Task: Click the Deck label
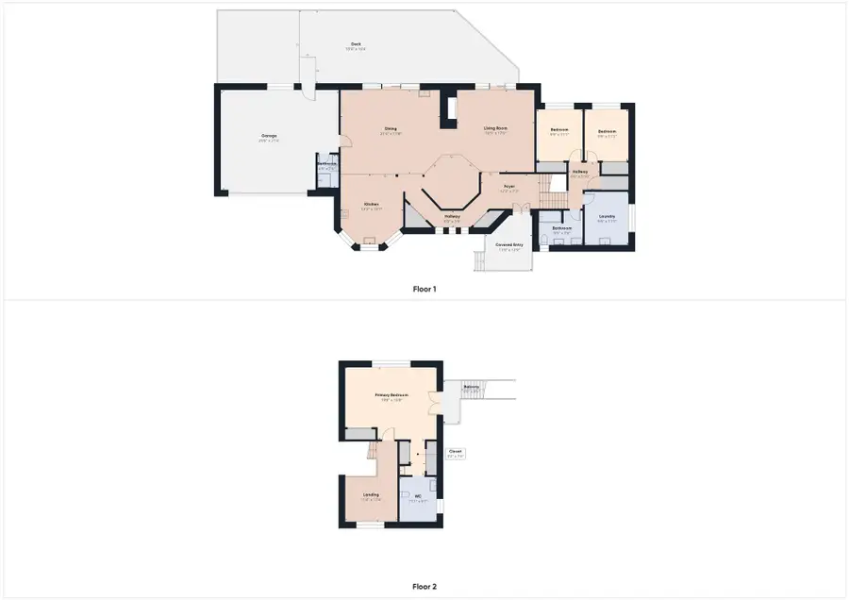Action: click(356, 45)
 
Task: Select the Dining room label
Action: click(390, 130)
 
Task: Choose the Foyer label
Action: click(508, 188)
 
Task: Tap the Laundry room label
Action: click(607, 218)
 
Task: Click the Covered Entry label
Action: click(509, 245)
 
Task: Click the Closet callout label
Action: click(455, 453)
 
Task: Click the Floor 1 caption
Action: click(424, 289)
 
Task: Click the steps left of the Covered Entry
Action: click(476, 260)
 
